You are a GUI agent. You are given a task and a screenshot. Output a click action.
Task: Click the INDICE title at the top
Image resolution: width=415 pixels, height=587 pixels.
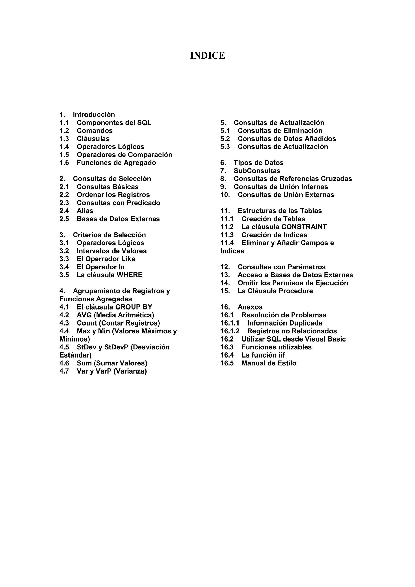click(x=207, y=55)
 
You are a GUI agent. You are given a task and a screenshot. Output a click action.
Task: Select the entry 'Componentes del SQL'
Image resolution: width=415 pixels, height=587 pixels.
click(x=114, y=123)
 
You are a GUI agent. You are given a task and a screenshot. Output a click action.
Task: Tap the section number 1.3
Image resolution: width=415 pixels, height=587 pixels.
click(x=64, y=139)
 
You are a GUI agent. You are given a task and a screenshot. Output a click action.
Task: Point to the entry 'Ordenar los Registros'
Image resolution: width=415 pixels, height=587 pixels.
click(x=113, y=195)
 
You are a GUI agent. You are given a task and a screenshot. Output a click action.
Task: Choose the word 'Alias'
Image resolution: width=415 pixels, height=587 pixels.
click(x=85, y=211)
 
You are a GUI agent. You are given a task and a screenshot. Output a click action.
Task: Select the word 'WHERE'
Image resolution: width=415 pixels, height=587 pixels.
click(x=129, y=275)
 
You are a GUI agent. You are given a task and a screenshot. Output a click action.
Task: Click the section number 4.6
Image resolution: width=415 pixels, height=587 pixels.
click(x=64, y=363)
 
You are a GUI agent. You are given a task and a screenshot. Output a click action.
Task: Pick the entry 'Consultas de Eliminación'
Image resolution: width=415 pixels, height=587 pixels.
click(x=280, y=131)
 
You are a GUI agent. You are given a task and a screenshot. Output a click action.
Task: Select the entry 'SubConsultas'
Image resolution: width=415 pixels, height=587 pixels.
click(x=257, y=171)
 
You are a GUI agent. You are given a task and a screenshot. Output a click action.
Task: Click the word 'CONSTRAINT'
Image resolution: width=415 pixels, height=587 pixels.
click(x=304, y=227)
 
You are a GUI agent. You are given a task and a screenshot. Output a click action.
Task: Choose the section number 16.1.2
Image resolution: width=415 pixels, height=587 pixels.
click(x=230, y=331)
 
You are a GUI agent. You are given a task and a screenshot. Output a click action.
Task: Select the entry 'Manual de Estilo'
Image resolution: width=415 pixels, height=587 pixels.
click(x=269, y=363)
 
